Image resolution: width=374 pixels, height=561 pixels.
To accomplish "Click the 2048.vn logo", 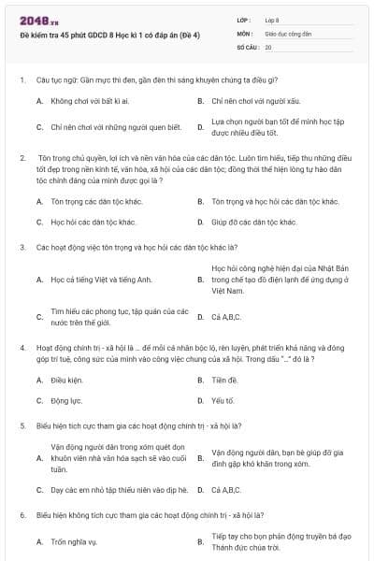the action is [34, 19].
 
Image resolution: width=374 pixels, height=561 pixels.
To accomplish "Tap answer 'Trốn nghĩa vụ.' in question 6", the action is [73, 541].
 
